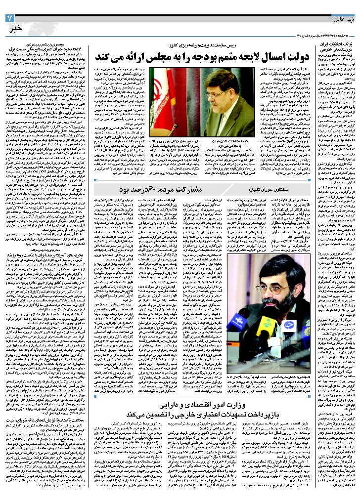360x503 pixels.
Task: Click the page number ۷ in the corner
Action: [8, 19]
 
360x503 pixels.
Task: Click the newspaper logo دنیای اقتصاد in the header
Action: [344, 20]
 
